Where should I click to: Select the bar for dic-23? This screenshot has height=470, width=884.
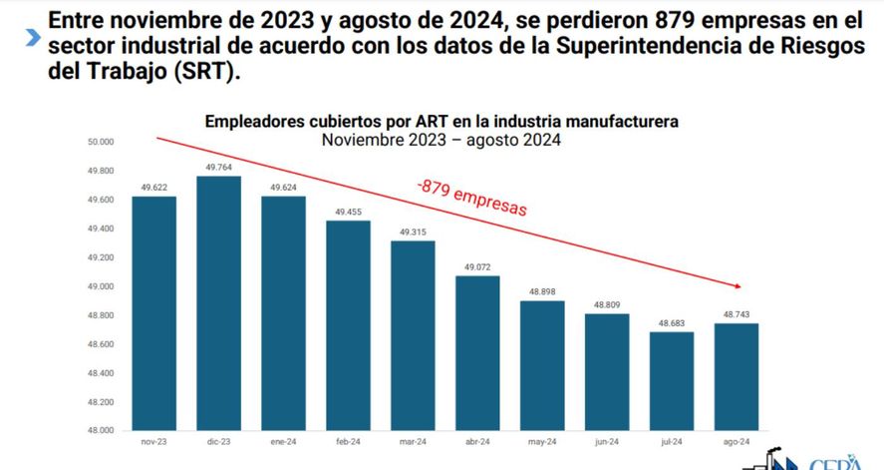(218, 303)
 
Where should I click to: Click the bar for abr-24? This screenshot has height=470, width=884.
(477, 353)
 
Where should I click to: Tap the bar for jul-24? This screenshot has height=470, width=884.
(671, 381)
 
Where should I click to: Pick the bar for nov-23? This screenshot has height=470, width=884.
(153, 313)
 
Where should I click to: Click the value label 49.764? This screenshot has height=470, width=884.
(218, 168)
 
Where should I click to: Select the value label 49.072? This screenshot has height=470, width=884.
(477, 267)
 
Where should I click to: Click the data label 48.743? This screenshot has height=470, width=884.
(736, 314)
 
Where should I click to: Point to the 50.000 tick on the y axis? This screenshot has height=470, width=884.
(102, 143)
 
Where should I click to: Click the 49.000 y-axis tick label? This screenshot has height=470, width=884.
(102, 286)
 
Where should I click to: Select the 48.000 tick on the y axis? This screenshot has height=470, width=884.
(102, 431)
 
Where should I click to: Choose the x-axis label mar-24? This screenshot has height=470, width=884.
(413, 442)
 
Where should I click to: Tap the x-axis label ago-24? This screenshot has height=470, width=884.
(736, 442)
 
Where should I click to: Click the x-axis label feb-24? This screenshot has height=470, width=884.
(348, 442)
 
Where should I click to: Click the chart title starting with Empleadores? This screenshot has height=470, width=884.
(442, 121)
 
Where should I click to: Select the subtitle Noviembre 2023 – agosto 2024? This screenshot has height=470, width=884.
(442, 140)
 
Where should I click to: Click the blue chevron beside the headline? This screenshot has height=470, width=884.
(33, 37)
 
